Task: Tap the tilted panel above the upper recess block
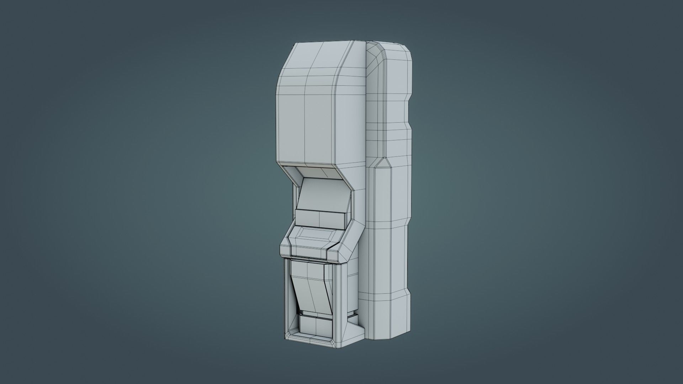click(x=322, y=197)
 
